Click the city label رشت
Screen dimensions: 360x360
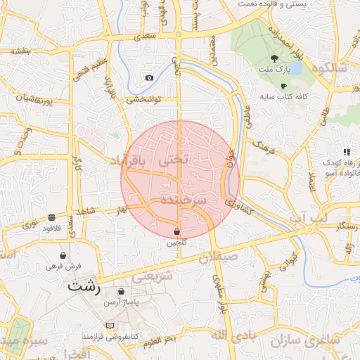[84, 287]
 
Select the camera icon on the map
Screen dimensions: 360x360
[149, 77]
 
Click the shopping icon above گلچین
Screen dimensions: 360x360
[176, 231]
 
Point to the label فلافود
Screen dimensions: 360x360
[53, 228]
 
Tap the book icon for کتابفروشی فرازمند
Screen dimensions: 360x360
[109, 326]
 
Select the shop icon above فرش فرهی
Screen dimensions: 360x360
[64, 255]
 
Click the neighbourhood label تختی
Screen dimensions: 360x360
[174, 160]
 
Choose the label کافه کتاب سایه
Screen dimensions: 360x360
[283, 96]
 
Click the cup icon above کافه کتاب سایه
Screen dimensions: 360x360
[283, 85]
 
